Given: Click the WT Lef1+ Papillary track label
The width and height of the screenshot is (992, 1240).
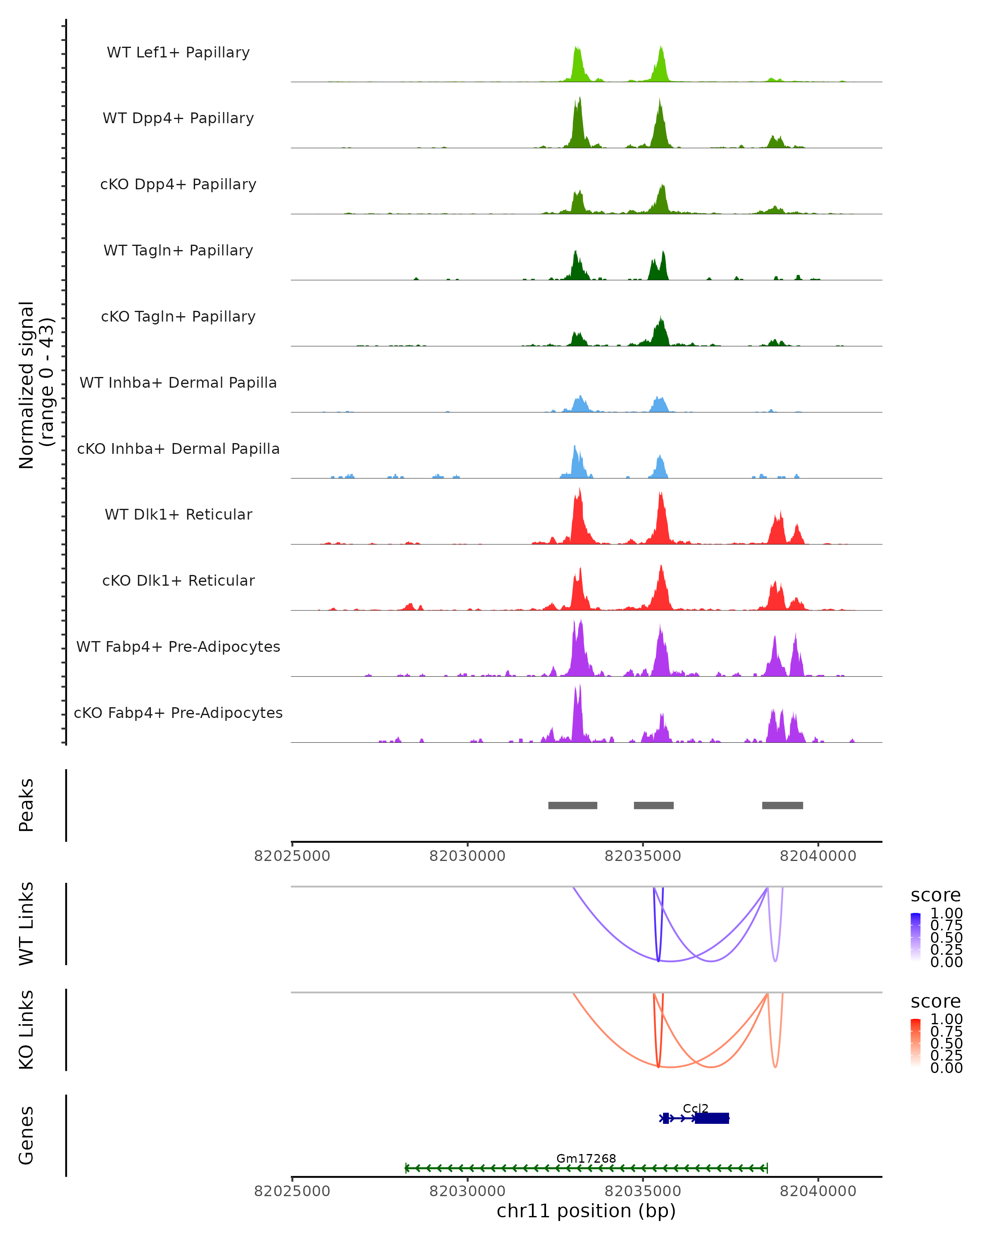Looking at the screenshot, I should point(178,52).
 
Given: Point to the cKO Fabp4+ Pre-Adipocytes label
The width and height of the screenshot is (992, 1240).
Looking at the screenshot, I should point(178,713).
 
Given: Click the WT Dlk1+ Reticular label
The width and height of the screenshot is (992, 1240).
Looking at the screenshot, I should point(178,514).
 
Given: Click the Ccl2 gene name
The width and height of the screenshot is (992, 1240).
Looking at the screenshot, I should point(695,1108).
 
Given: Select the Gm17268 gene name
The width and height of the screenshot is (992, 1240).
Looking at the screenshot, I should point(586,1158).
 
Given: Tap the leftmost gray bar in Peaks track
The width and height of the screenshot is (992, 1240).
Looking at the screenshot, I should point(572,805).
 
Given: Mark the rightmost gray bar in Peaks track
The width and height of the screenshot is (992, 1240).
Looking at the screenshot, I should point(782,805).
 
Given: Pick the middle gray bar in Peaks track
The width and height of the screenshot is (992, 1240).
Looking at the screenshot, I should point(653,805).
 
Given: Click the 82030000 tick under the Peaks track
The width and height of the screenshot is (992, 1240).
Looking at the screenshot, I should point(467,856).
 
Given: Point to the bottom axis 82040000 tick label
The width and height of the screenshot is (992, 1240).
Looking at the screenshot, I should point(818,1191).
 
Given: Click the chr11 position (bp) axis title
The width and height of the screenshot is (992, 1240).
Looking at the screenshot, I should point(586,1211).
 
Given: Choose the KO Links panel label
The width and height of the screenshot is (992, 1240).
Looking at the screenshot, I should point(26,1030).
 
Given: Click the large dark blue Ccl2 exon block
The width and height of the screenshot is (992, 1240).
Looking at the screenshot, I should point(712,1118).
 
